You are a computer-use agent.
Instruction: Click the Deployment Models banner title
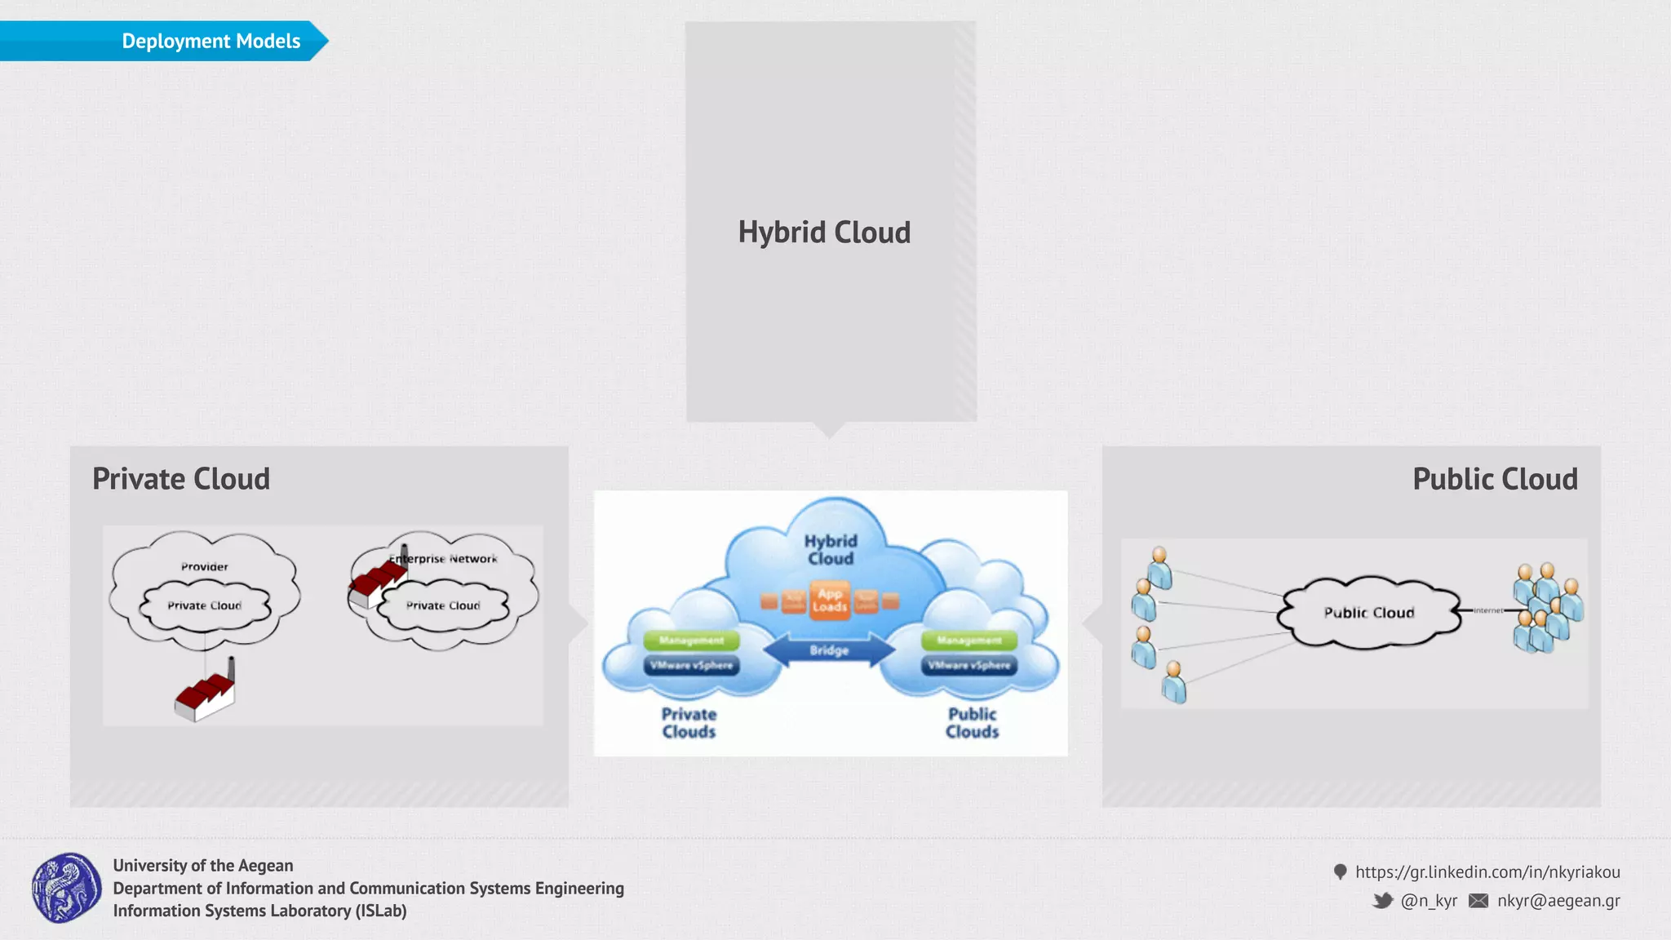click(x=211, y=41)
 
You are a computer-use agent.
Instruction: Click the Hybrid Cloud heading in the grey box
click(x=824, y=233)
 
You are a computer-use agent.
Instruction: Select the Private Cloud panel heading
click(x=181, y=479)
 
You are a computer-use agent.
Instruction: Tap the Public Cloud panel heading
click(x=1495, y=479)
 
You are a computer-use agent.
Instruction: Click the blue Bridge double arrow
click(x=829, y=650)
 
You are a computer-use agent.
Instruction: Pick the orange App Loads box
click(x=829, y=601)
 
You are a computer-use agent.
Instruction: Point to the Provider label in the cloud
click(x=205, y=566)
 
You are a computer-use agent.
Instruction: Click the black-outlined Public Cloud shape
click(x=1369, y=613)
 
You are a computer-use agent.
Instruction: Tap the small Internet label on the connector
click(x=1488, y=610)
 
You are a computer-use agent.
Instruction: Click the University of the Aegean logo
click(x=67, y=888)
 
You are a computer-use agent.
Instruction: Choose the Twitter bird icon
click(x=1382, y=901)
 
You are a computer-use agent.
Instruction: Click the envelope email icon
click(x=1478, y=901)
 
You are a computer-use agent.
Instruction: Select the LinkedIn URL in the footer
click(x=1487, y=872)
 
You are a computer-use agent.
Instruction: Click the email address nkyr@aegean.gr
click(x=1558, y=901)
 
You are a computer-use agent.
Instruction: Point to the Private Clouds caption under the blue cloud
click(x=689, y=723)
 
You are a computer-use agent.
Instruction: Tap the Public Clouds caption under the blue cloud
click(x=972, y=723)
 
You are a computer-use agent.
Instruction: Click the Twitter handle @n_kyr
click(x=1429, y=901)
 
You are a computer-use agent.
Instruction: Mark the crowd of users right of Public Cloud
click(x=1547, y=608)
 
